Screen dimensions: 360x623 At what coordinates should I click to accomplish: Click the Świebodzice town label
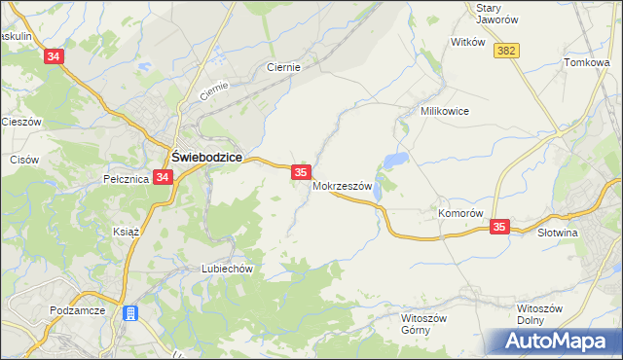(207, 157)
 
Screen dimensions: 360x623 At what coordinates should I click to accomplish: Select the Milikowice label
(445, 112)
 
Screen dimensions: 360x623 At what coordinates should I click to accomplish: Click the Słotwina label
(558, 234)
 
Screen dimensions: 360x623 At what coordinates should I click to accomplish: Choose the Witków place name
(467, 43)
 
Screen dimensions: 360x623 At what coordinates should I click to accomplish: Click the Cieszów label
(19, 123)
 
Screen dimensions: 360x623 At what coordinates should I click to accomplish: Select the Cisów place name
(23, 159)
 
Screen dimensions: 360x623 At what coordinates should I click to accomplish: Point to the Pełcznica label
(124, 179)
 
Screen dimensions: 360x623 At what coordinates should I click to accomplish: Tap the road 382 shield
(505, 51)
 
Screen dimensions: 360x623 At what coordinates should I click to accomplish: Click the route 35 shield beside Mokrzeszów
(300, 172)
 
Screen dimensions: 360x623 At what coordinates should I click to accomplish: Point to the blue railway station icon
(130, 313)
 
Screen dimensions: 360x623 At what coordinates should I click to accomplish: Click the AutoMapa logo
(560, 340)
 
